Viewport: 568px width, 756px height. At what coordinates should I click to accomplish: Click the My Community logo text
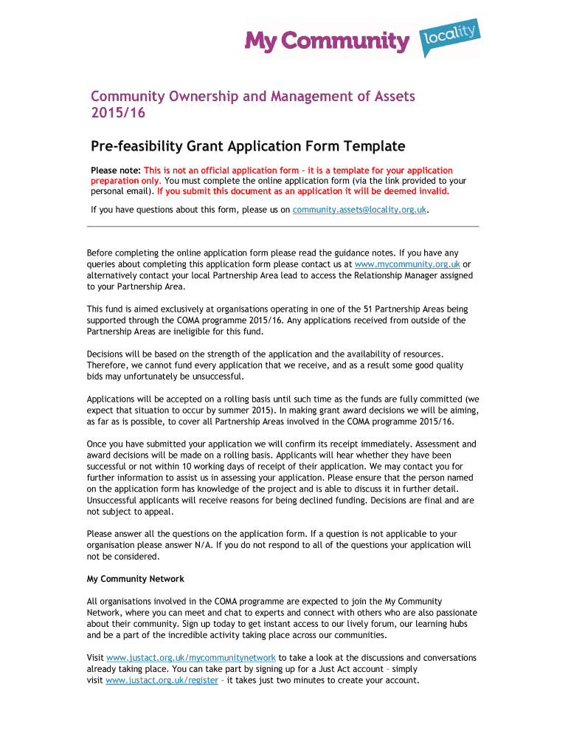326,41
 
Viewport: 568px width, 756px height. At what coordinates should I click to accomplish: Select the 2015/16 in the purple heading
118,113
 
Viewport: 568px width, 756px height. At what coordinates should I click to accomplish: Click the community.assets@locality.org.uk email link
359,210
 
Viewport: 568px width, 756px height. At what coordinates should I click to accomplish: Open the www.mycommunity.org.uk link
407,264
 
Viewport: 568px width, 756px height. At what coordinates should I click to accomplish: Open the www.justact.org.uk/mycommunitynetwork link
191,657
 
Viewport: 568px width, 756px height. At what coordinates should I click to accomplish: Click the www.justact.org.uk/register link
162,681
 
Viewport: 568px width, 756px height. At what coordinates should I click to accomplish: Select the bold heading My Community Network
136,579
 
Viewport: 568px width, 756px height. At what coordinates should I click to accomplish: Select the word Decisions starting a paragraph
108,354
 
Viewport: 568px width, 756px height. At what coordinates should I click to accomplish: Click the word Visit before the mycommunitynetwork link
95,657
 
